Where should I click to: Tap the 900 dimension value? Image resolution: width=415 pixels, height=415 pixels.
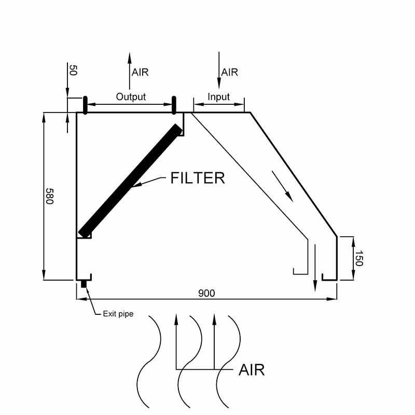pyautogui.click(x=206, y=293)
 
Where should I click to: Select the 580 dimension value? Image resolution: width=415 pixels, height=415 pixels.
pyautogui.click(x=49, y=196)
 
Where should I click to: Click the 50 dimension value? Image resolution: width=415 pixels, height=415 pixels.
pyautogui.click(x=73, y=71)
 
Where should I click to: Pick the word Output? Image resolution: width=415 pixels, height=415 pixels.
pyautogui.click(x=131, y=96)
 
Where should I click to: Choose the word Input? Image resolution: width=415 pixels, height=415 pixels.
pyautogui.click(x=218, y=96)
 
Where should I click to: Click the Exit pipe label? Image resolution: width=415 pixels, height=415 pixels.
pyautogui.click(x=118, y=314)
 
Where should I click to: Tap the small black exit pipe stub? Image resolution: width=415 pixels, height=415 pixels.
pyautogui.click(x=84, y=284)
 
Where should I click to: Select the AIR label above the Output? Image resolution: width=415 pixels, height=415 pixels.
pyautogui.click(x=140, y=72)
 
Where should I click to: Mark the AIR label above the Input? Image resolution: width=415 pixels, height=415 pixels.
pyautogui.click(x=229, y=72)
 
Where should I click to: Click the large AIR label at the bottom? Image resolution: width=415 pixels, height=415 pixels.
pyautogui.click(x=252, y=370)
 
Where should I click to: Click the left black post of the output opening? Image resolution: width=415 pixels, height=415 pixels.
pyautogui.click(x=85, y=105)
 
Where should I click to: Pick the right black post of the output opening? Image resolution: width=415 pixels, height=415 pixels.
pyautogui.click(x=174, y=105)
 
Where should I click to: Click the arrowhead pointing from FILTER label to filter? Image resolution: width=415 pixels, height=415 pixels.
pyautogui.click(x=136, y=185)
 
